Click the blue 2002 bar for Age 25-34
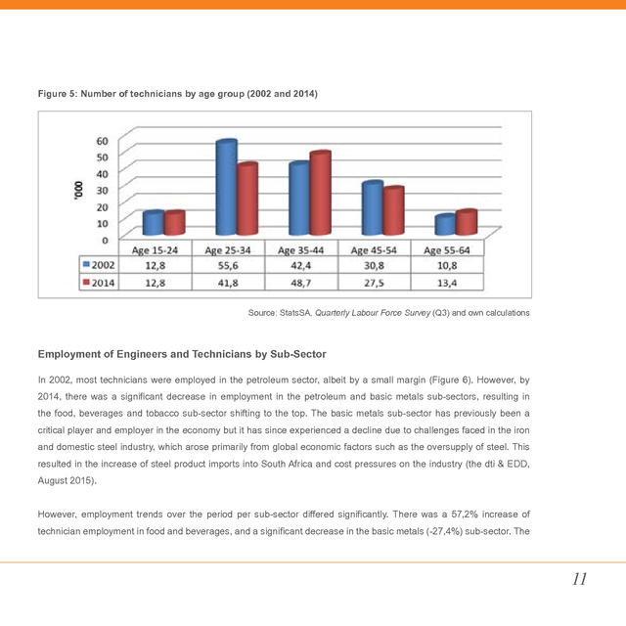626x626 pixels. pos(227,189)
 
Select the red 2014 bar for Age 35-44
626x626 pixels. pos(320,195)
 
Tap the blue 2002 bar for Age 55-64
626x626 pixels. pos(445,225)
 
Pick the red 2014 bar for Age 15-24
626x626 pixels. pos(174,223)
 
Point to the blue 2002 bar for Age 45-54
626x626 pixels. pos(372,208)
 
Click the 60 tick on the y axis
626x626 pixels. pos(103,139)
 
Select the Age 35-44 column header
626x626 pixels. pos(301,250)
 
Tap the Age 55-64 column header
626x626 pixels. pos(447,250)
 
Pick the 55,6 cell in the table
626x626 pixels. pos(228,264)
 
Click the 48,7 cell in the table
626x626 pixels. pos(301,282)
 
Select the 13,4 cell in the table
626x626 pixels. pos(447,282)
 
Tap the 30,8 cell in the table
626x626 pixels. pos(375,264)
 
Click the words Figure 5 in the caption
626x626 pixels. pos(58,93)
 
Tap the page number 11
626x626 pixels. pos(579,579)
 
